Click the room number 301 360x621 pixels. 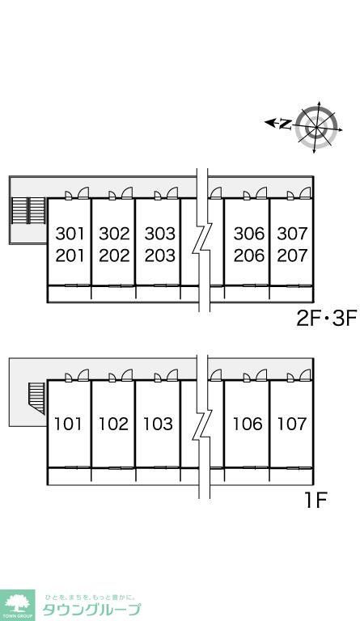[x=70, y=234]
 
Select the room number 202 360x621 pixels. [x=114, y=256]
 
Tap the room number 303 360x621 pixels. [x=159, y=234]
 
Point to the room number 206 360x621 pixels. [x=248, y=256]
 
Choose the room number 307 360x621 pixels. [x=292, y=234]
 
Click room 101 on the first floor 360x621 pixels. [x=69, y=424]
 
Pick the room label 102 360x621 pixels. [x=114, y=424]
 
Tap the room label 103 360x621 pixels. [x=158, y=424]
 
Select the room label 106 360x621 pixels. [x=248, y=424]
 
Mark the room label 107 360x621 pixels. [x=292, y=424]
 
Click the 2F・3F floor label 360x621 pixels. [x=327, y=318]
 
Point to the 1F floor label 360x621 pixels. [x=316, y=501]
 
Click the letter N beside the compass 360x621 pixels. [x=285, y=124]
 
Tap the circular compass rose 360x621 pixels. [x=317, y=125]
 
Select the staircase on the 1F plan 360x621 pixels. [x=36, y=398]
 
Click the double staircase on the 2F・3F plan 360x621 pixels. [x=28, y=210]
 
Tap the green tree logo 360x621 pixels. [x=17, y=606]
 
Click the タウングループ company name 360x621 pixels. [x=91, y=609]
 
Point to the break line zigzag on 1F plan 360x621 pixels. [x=202, y=426]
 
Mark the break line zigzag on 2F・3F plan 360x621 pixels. [x=202, y=238]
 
